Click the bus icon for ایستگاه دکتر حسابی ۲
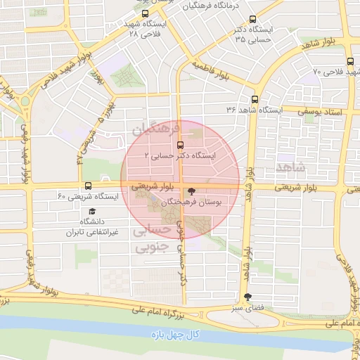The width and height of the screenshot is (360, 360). coord(179,144)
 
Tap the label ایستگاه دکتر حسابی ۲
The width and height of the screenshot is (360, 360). coord(179,155)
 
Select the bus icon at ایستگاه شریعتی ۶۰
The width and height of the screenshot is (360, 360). coord(88,186)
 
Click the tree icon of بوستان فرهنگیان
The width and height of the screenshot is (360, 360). coord(191,191)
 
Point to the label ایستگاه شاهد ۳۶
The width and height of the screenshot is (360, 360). coord(254,110)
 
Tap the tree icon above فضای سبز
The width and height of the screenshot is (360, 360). coord(247,297)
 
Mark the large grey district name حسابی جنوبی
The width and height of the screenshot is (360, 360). coord(151,239)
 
